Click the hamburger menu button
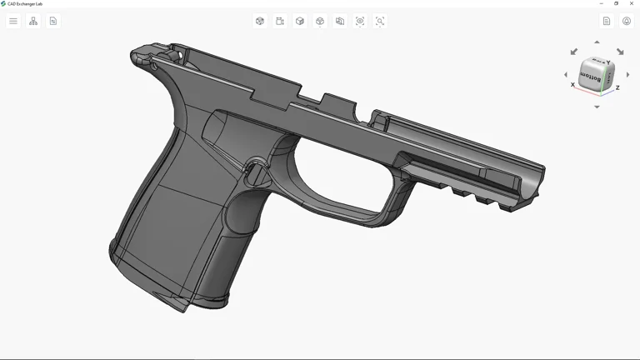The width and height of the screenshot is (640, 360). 13,21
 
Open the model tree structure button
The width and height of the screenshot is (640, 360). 33,21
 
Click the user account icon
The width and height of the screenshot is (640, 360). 627,21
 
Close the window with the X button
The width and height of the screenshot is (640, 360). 632,3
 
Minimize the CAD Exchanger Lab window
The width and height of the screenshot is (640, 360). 602,3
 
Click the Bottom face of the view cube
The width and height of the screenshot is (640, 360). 591,77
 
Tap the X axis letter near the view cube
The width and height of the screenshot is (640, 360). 572,85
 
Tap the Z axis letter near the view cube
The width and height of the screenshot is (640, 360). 617,87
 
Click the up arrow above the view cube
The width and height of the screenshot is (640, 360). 597,42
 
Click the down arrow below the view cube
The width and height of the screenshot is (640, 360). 597,107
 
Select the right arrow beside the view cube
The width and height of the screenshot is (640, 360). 627,75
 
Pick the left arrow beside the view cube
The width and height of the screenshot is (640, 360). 566,75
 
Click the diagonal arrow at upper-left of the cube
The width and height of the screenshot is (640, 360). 574,52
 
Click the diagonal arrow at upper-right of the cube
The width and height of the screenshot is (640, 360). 620,52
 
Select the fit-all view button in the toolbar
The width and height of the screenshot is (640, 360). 360,21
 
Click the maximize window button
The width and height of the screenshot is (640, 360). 617,3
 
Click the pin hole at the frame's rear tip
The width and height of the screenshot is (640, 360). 153,63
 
